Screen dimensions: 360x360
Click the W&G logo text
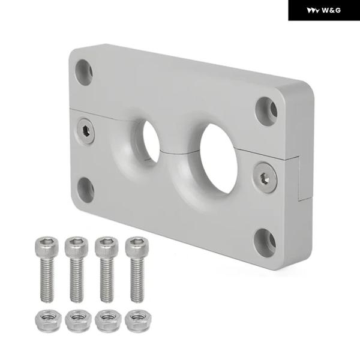[331, 10]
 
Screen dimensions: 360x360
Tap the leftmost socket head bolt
[47, 269]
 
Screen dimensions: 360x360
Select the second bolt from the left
[76, 269]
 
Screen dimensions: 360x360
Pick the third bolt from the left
[107, 269]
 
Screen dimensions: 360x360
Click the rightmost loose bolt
[137, 269]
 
